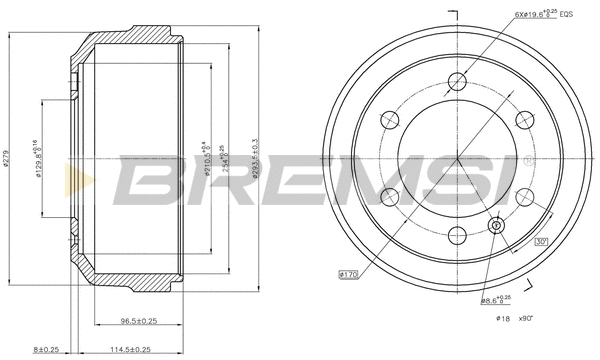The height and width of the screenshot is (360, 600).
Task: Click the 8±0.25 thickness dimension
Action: pyautogui.click(x=45, y=350)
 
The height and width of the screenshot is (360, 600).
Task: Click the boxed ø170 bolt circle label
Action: pyautogui.click(x=348, y=273)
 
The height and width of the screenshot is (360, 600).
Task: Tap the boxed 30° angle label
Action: pyautogui.click(x=541, y=240)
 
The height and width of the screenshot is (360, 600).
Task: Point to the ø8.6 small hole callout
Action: pyautogui.click(x=497, y=299)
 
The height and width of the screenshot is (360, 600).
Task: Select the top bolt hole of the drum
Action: pyautogui.click(x=458, y=81)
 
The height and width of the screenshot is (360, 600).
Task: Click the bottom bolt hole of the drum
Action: pyautogui.click(x=458, y=236)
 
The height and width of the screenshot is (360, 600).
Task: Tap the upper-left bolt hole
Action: pyautogui.click(x=391, y=120)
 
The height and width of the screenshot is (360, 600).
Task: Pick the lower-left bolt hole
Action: pyautogui.click(x=391, y=197)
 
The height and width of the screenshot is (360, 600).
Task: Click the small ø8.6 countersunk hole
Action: pyautogui.click(x=496, y=225)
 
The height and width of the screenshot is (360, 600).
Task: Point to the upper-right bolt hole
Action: pyautogui.click(x=525, y=120)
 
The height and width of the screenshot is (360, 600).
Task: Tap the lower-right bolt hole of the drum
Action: pyautogui.click(x=525, y=197)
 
